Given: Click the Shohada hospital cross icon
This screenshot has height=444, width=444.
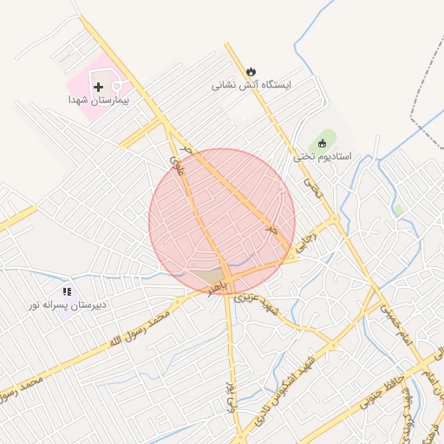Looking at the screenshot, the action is [x=98, y=88].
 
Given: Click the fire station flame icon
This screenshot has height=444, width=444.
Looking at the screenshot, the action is [x=251, y=71].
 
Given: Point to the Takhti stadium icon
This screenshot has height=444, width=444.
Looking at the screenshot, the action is [x=323, y=143].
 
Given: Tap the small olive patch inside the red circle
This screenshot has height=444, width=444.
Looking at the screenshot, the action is [x=208, y=278].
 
